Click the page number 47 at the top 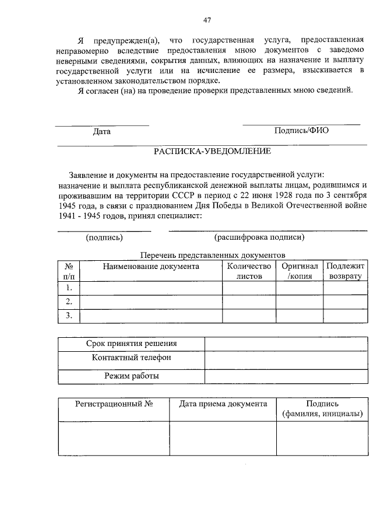[x=207, y=20]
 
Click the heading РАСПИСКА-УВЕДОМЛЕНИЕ [x=212, y=152]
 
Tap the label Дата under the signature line [x=102, y=131]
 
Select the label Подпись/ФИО [x=301, y=131]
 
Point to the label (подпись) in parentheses [x=104, y=237]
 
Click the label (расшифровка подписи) [x=259, y=237]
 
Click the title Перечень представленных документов [x=213, y=256]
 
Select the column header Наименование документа [x=151, y=267]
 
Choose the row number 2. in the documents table [x=69, y=302]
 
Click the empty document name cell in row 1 [x=151, y=288]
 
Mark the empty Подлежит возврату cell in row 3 [x=345, y=316]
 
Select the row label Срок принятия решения [x=132, y=344]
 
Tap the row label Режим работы [x=132, y=376]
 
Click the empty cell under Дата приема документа [x=223, y=438]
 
